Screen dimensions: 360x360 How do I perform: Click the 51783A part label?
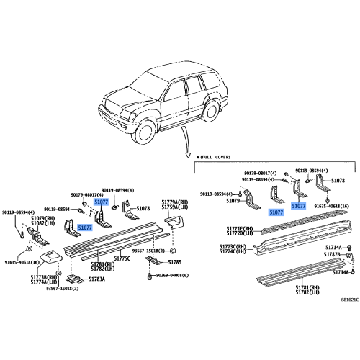tap(99, 278)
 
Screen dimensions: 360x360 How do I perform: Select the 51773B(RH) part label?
tap(44, 276)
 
